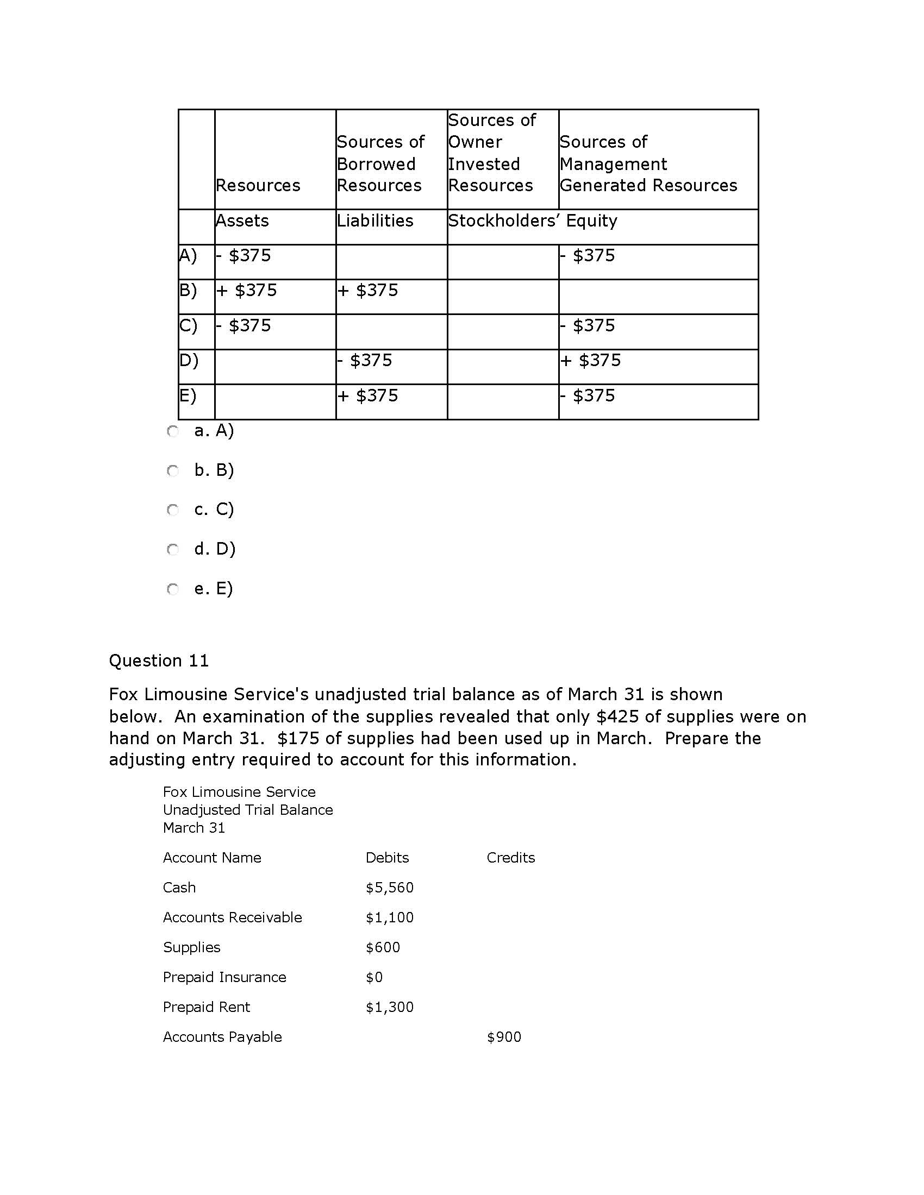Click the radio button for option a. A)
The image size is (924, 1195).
[173, 432]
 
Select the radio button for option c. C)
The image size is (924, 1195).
[173, 511]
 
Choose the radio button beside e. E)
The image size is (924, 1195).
[173, 589]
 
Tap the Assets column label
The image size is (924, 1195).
[242, 221]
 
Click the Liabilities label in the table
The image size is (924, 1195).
[375, 221]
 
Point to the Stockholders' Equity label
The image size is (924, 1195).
[532, 221]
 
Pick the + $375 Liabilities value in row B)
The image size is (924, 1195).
[367, 290]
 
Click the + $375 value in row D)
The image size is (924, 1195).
[590, 360]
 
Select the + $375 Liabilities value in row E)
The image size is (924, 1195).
[367, 395]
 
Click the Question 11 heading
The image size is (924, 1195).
[159, 661]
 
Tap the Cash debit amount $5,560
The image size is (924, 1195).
[389, 888]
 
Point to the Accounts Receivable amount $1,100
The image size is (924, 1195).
[389, 917]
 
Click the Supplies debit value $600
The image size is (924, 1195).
[383, 948]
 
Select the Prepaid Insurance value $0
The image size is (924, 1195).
[374, 977]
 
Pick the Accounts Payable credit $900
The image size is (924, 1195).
[504, 1037]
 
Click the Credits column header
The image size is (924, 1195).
[510, 857]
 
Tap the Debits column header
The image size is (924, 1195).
[387, 857]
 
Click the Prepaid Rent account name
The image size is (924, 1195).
[207, 1007]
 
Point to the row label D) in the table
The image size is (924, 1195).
[189, 361]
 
